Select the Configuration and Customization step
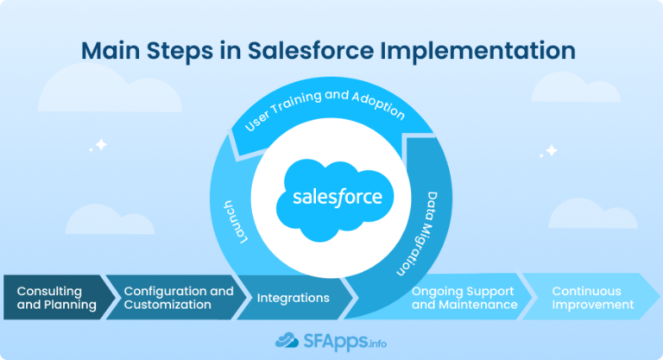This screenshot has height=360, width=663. [178, 298]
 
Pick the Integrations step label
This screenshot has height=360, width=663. [293, 298]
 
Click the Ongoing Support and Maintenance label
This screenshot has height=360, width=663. [464, 298]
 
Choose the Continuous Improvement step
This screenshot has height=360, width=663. [592, 298]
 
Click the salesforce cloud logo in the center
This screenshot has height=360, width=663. [337, 199]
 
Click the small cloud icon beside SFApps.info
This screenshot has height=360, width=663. [287, 339]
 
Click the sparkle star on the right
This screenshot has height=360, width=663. [549, 151]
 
